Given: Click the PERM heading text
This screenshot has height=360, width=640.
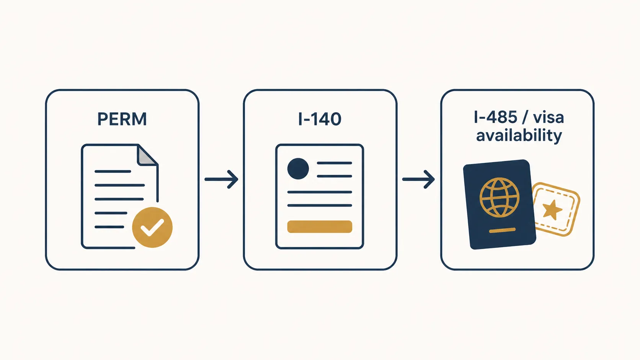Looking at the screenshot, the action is click(122, 119).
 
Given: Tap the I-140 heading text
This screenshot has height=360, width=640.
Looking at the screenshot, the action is click(320, 119).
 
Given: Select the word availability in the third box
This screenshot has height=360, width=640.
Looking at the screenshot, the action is click(519, 135).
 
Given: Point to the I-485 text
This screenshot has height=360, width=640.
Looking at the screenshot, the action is click(496, 117).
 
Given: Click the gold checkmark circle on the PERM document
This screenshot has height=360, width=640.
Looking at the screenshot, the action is click(152, 227).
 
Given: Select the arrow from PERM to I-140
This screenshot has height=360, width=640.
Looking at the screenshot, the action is click(221, 179).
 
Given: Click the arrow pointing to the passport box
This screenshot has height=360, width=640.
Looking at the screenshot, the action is click(419, 179).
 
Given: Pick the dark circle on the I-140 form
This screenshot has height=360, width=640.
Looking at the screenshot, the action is click(298, 169).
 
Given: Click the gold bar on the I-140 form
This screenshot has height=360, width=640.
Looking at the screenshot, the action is click(320, 227).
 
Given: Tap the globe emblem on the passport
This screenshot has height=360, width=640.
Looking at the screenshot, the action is click(500, 197).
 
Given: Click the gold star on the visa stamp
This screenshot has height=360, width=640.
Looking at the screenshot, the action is click(552, 210).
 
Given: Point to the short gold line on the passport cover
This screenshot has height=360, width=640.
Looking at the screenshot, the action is click(502, 230).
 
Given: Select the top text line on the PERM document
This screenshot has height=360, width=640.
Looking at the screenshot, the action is click(113, 171).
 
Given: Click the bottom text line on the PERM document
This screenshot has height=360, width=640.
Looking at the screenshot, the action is click(109, 227).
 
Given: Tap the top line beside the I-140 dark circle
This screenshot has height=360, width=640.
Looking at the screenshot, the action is click(334, 163).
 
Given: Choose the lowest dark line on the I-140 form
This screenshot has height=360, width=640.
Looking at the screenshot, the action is click(320, 205).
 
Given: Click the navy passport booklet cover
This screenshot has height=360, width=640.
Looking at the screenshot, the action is click(500, 204).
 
